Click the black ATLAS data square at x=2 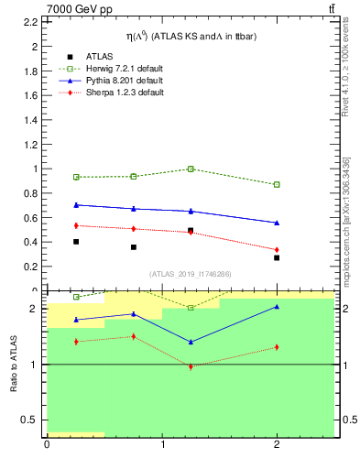coord(277,257)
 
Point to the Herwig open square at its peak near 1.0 coord(191,169)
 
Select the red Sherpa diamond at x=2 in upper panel coord(277,250)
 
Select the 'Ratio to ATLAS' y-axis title coord(15,365)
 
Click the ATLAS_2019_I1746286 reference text coord(190,274)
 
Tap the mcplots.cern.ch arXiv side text coord(345,220)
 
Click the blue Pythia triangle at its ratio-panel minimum coord(191,342)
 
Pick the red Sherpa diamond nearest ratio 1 coord(191,366)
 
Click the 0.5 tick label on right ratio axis coord(347,420)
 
